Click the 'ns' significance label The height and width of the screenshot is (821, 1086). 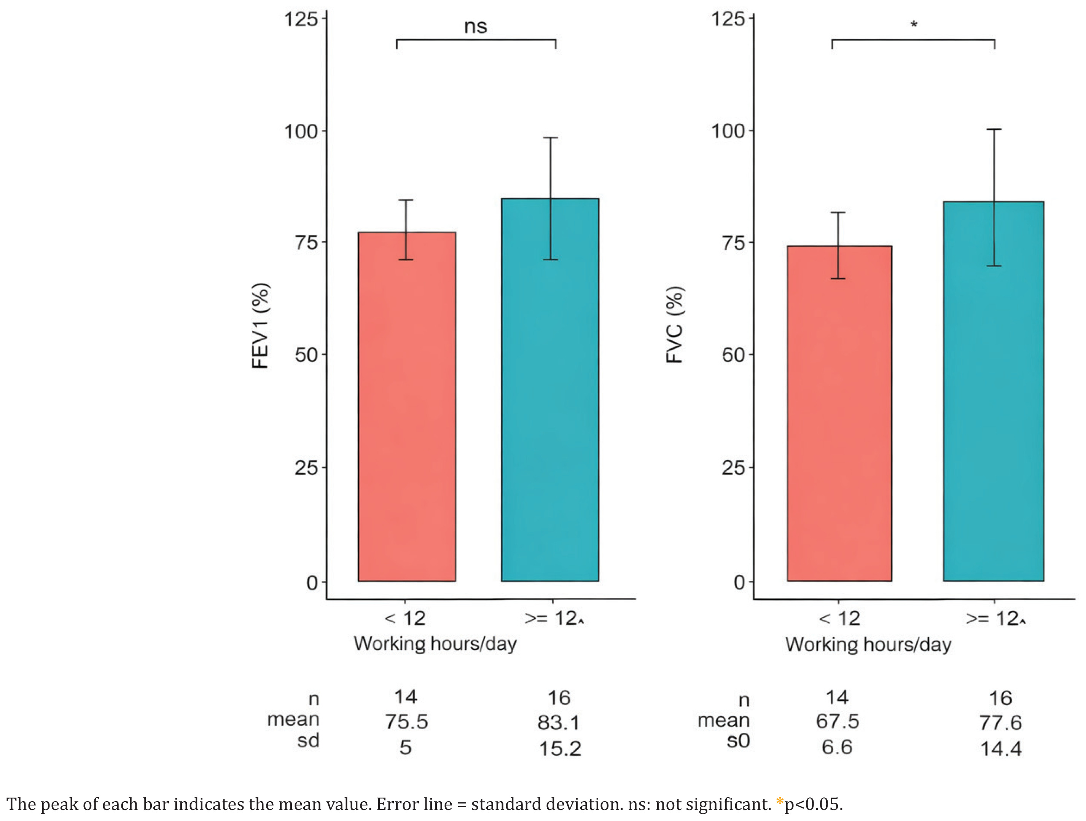475,27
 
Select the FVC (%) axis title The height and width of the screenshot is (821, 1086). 675,325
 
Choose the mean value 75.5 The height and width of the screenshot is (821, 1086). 406,722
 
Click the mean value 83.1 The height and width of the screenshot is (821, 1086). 559,723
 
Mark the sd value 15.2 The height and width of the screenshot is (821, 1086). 560,749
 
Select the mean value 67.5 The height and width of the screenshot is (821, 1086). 838,721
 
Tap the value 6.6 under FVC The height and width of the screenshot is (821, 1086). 837,747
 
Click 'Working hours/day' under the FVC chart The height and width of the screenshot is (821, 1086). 868,644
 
